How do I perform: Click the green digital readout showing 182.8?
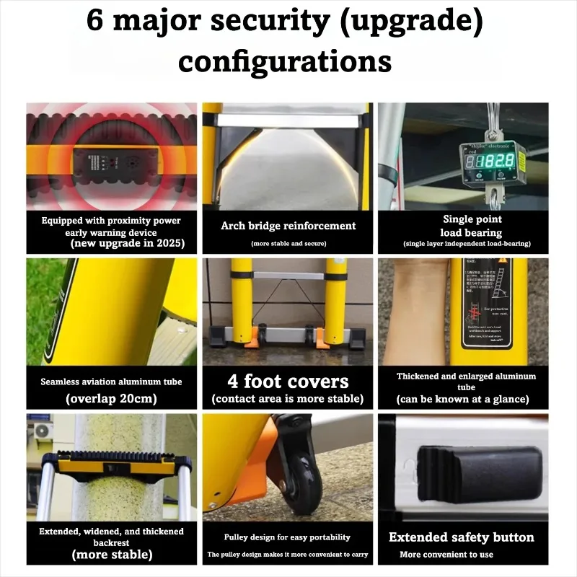coord(499,161)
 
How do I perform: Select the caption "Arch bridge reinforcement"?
coord(288,226)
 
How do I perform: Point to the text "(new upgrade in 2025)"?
coord(127,244)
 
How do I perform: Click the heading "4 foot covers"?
coord(288,381)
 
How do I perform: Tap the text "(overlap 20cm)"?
coord(111,398)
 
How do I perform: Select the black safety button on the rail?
coord(480,472)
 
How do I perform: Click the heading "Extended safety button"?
coord(462,537)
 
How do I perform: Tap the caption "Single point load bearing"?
coord(472,225)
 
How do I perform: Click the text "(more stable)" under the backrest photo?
coord(111,555)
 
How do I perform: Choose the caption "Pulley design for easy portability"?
coord(288,537)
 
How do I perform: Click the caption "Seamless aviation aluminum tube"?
coord(111,382)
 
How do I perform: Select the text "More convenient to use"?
coord(446,555)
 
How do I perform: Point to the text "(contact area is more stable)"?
coord(288,399)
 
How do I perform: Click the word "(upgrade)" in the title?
coord(410,20)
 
